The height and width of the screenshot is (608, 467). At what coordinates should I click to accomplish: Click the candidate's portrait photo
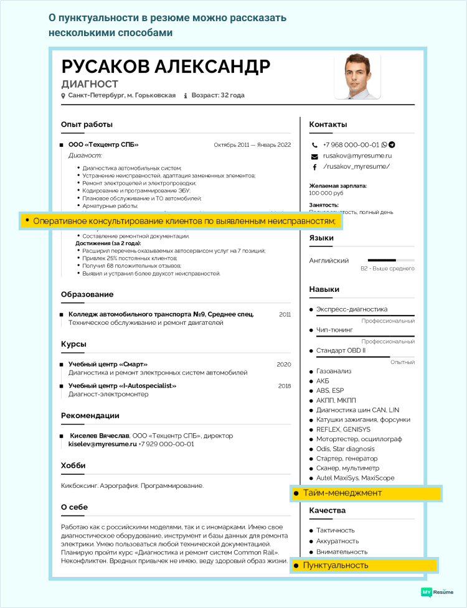(357, 76)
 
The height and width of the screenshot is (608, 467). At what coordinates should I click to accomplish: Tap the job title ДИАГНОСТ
(90, 84)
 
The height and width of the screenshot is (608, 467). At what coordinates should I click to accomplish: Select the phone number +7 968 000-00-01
(351, 144)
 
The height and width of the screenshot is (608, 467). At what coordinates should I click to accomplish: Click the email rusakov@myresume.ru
(357, 156)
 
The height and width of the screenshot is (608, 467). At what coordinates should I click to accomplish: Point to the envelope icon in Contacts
(315, 156)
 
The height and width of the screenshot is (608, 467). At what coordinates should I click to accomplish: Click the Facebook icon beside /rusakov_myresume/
(315, 167)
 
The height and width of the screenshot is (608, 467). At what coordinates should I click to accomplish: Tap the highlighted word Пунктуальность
(335, 566)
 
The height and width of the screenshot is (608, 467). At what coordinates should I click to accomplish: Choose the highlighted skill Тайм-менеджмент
(342, 493)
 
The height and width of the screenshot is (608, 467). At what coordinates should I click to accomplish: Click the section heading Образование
(87, 294)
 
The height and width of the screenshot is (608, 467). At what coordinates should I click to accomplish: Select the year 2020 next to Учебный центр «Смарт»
(284, 364)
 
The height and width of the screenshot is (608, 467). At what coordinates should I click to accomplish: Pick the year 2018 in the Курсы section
(285, 386)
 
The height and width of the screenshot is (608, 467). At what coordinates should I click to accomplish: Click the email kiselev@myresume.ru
(102, 444)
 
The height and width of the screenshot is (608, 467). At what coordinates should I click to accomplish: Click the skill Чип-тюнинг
(334, 329)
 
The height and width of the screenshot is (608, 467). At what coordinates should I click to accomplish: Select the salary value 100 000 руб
(327, 194)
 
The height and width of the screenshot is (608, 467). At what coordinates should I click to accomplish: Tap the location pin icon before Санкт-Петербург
(63, 96)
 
